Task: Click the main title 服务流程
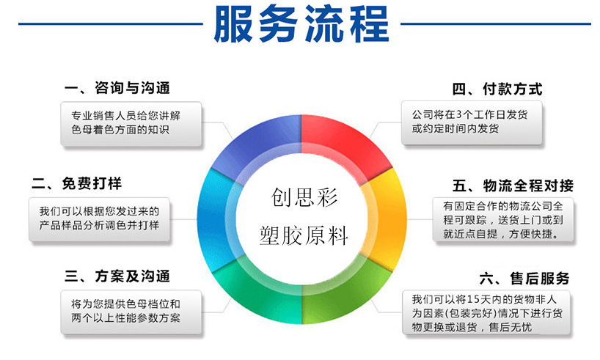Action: pos(301,23)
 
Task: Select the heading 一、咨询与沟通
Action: pos(117,88)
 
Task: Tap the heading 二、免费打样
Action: pos(77,183)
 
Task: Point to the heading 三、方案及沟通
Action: pos(117,276)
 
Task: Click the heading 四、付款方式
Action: pos(497,89)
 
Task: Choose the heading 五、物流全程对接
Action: pos(513,186)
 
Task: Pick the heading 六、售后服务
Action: pos(524,279)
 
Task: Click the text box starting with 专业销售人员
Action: pos(131,124)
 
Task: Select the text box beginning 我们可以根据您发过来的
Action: pos(99,219)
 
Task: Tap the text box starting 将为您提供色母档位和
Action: pos(131,312)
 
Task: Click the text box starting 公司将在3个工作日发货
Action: pos(472,122)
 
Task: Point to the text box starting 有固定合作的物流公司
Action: pos(503,219)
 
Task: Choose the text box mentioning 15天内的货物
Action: pos(486,312)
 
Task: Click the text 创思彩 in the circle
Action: pos(304,197)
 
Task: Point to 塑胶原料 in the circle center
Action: pos(304,235)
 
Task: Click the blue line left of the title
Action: pos(111,24)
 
